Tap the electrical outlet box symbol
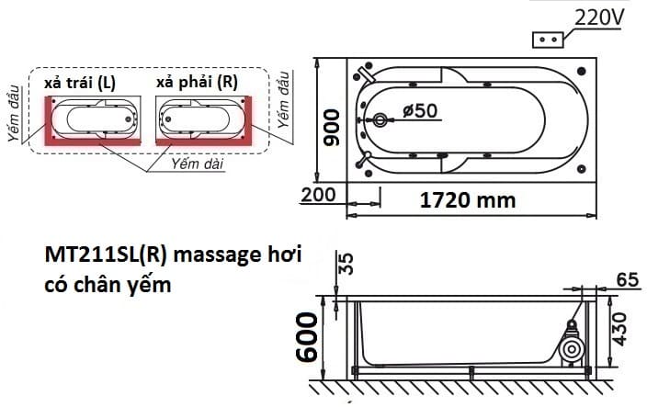pyautogui.click(x=550, y=40)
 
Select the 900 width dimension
pyautogui.click(x=333, y=126)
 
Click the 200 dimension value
pyautogui.click(x=317, y=195)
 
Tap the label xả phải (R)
pyautogui.click(x=197, y=82)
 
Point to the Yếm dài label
pyautogui.click(x=198, y=163)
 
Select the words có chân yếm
pyautogui.click(x=108, y=284)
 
